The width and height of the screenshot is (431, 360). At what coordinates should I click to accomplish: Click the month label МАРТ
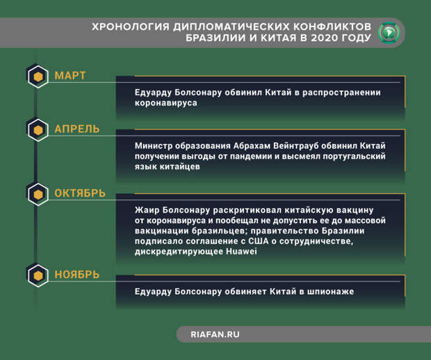coord(70,76)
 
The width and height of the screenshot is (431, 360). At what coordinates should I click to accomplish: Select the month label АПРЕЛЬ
coord(76,129)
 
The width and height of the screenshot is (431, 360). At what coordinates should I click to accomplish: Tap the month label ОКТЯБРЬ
coord(80,193)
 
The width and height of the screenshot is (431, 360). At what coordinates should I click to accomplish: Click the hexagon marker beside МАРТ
coord(37,76)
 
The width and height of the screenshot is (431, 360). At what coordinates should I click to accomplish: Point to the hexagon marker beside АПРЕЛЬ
coord(37,130)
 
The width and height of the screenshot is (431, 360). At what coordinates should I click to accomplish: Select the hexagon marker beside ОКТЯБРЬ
coord(37,193)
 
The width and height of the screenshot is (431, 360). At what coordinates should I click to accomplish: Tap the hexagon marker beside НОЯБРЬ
coord(37,276)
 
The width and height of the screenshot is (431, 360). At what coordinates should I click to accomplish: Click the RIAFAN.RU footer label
coord(215,334)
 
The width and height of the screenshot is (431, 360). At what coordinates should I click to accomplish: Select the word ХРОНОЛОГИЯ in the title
coord(128,27)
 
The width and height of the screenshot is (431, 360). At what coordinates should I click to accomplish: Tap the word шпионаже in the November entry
coord(327,292)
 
